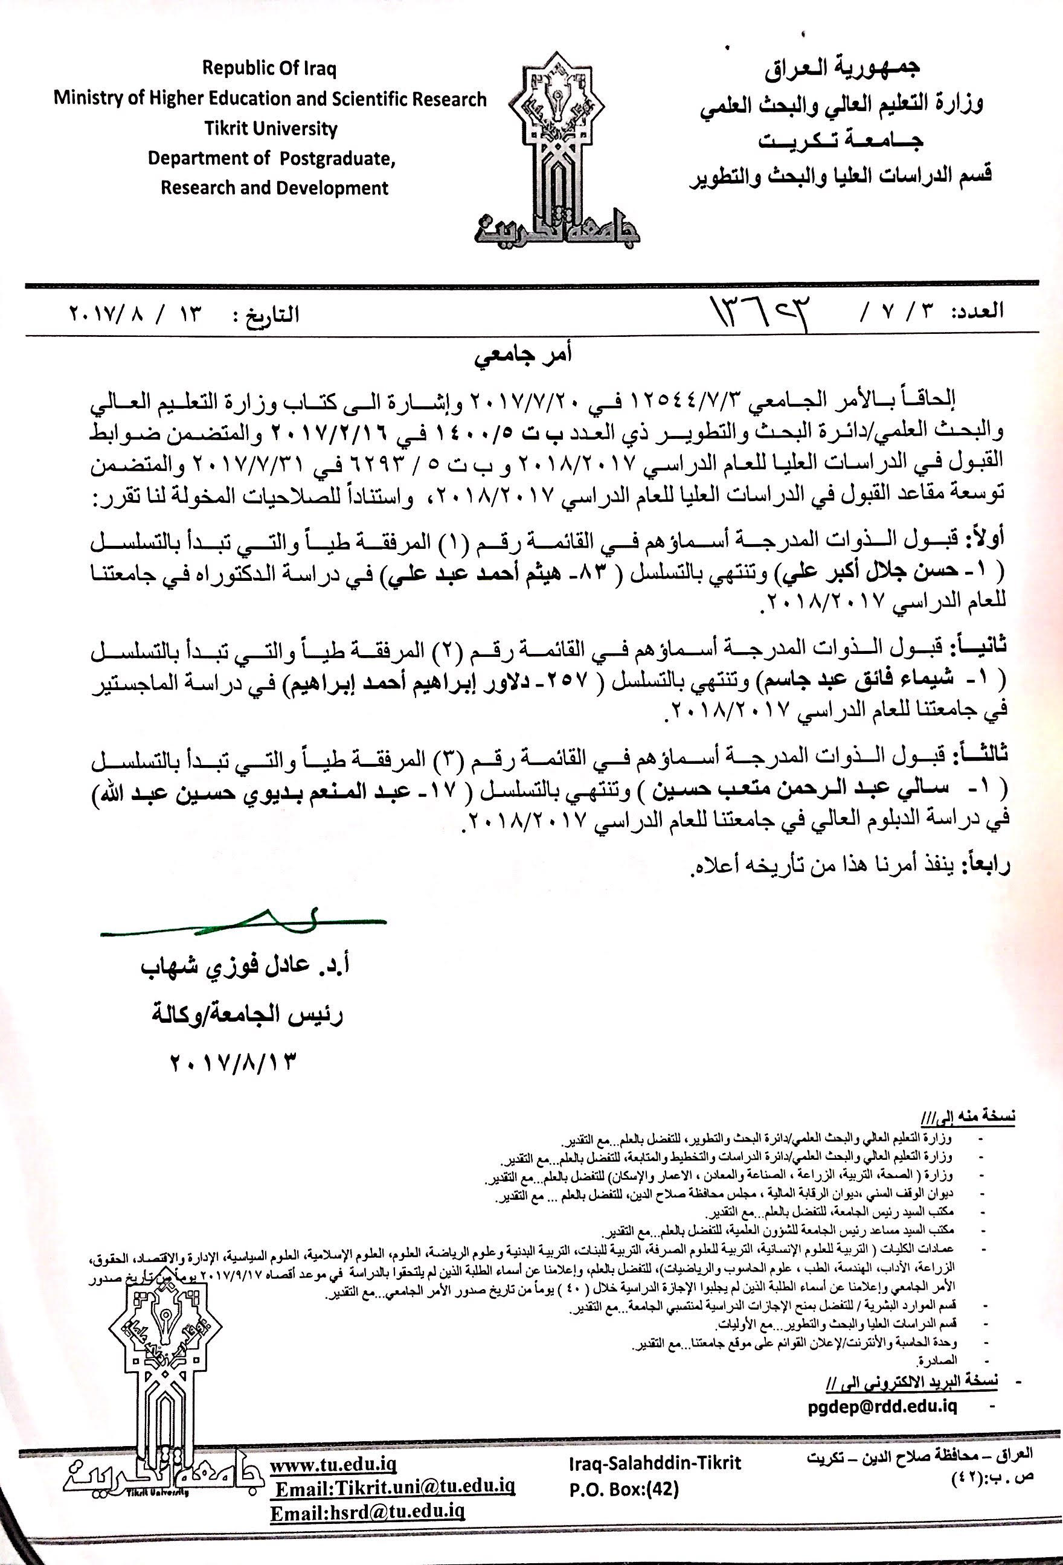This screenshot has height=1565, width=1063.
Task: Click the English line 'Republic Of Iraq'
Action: click(x=269, y=68)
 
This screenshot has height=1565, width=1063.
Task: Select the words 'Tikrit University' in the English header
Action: click(x=270, y=128)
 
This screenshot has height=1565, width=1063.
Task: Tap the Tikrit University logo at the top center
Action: click(x=557, y=155)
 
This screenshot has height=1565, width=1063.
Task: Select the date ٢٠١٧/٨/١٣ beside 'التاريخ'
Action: click(x=135, y=314)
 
